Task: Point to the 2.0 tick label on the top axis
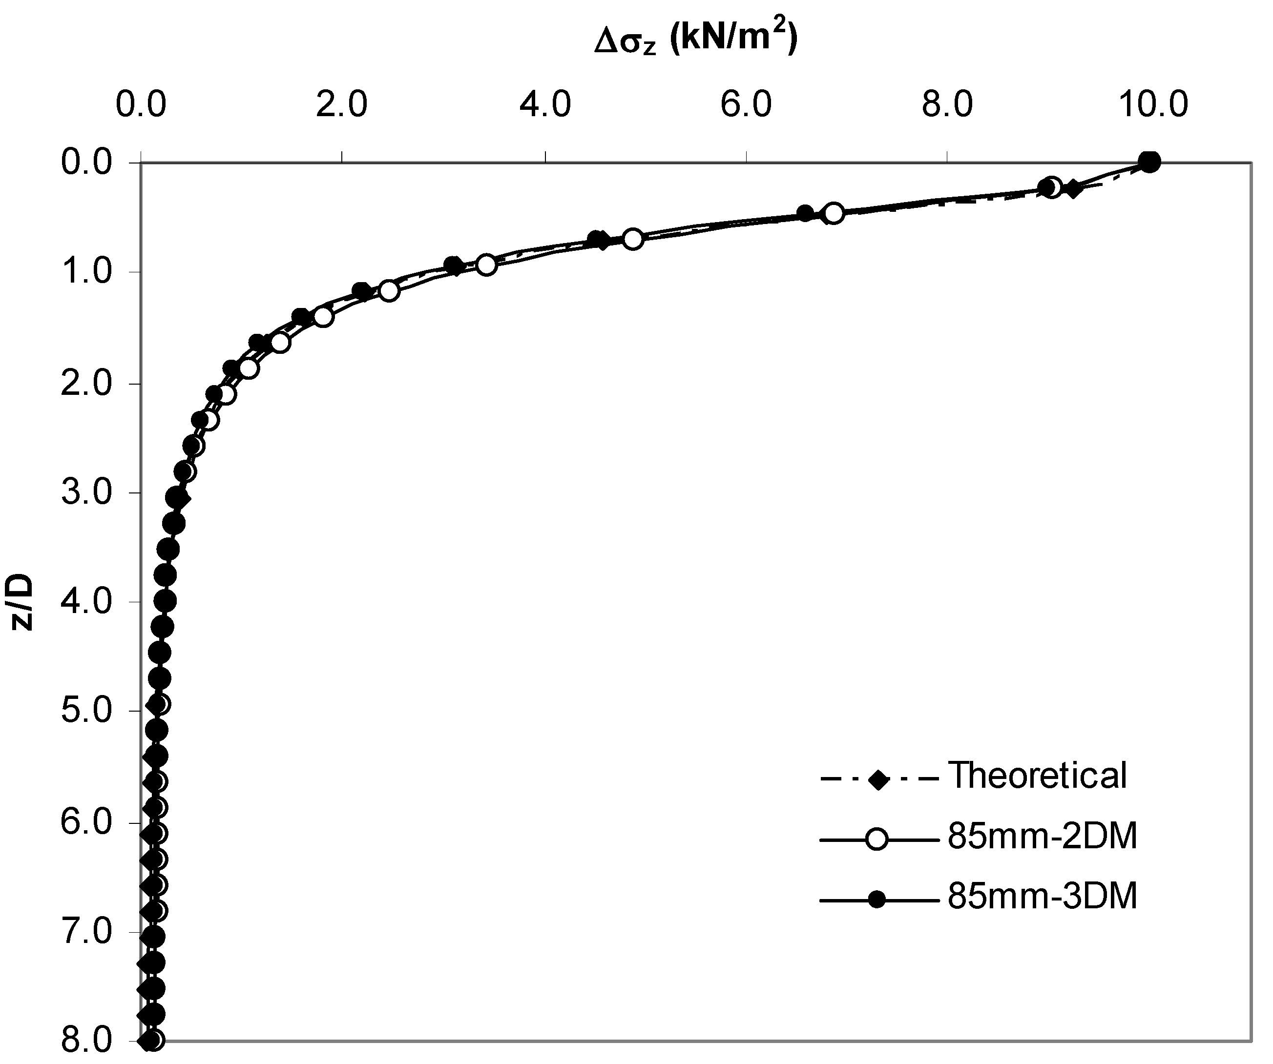[342, 105]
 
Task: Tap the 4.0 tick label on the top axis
[545, 105]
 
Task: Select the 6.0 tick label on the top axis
[746, 105]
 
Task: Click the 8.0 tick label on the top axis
[947, 105]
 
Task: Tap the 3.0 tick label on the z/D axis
[87, 493]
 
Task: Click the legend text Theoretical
[1037, 775]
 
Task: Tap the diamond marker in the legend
[876, 779]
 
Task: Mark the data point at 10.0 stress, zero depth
[1150, 162]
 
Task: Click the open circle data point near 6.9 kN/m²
[834, 214]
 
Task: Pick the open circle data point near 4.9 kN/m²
[633, 239]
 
